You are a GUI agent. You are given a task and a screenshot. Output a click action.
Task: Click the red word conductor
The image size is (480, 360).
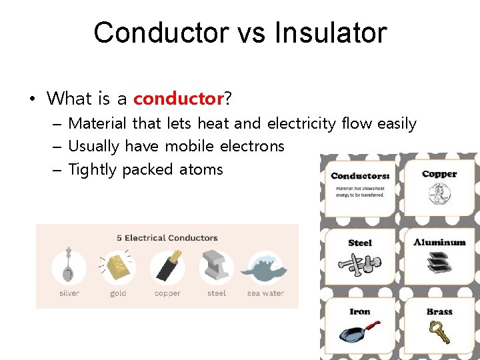(x=178, y=99)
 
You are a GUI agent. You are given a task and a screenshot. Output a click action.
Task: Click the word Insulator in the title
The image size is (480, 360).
(x=331, y=33)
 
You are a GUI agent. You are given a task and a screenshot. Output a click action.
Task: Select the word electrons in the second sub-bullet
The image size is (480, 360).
(x=252, y=146)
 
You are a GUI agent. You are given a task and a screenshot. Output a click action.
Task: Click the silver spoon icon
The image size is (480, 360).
(x=69, y=267)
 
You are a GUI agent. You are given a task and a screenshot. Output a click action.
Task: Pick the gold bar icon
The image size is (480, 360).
(x=118, y=267)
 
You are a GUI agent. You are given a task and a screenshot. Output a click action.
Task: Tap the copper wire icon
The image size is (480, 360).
(x=167, y=267)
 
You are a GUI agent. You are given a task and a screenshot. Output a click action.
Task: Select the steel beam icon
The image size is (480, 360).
(x=216, y=267)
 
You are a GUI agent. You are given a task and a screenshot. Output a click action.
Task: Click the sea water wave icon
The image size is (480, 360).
(x=265, y=267)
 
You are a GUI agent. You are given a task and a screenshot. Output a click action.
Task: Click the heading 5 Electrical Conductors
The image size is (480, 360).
(x=167, y=238)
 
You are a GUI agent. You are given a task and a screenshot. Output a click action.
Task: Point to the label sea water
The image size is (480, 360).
(x=265, y=293)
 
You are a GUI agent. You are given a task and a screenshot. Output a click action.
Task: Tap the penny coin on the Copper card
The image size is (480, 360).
(x=439, y=195)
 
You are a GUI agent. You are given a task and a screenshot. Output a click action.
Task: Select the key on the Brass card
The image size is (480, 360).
(x=439, y=331)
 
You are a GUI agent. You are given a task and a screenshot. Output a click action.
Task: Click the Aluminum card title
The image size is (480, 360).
(x=439, y=242)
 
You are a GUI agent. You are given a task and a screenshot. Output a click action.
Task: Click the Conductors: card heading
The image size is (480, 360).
(x=360, y=176)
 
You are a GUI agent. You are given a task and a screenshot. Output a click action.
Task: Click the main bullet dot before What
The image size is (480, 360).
(x=32, y=100)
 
